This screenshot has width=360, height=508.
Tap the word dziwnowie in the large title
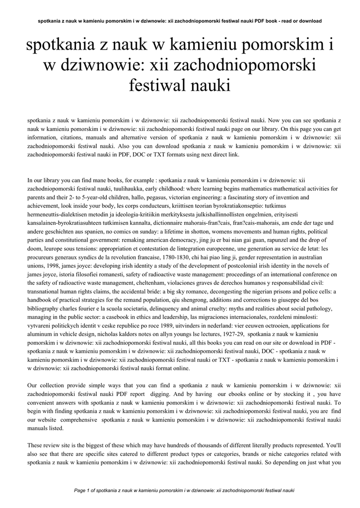coord(99,65)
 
